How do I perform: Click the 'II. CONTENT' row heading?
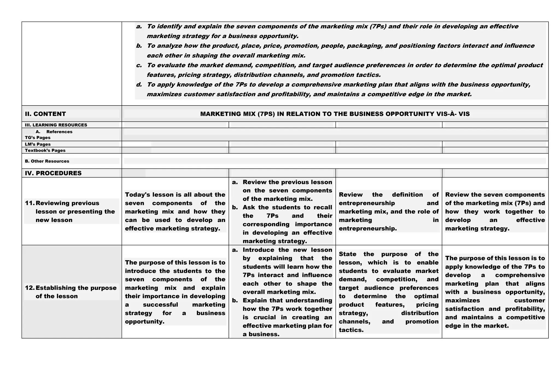click(45, 114)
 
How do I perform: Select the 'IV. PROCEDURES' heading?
click(53, 173)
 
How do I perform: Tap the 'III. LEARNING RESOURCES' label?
click(56, 125)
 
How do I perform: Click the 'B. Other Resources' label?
click(47, 161)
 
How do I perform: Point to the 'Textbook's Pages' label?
click(45, 151)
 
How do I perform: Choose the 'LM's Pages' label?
click(37, 144)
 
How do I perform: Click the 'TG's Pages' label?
click(37, 138)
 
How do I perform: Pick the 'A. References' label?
click(58, 132)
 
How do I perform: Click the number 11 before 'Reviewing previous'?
click(30, 203)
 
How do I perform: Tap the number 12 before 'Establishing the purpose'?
click(30, 288)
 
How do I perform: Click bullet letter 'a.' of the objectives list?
click(139, 27)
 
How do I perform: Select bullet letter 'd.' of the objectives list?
click(139, 85)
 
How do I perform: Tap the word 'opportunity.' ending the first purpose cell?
click(145, 322)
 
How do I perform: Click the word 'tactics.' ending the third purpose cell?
click(351, 330)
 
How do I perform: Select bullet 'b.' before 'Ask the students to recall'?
click(235, 207)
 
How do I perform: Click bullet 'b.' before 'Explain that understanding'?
click(235, 301)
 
